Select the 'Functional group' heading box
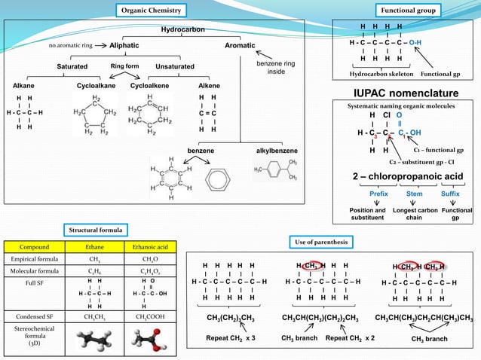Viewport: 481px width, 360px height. tap(408, 11)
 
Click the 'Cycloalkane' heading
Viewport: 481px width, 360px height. tap(96, 86)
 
